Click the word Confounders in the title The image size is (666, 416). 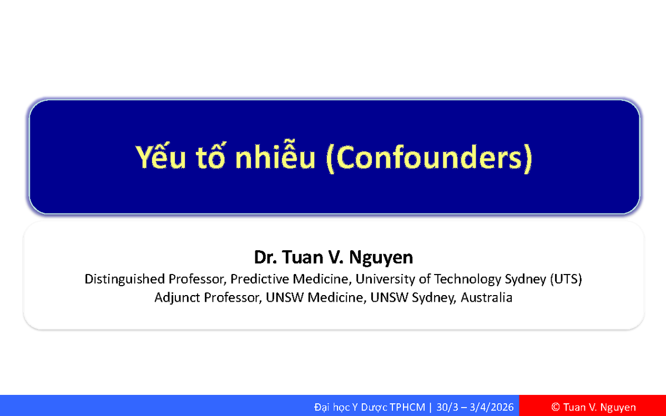click(x=429, y=158)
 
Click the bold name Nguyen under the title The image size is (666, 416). click(x=381, y=257)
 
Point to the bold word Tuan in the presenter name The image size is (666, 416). click(x=302, y=257)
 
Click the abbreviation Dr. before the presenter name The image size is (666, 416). click(x=265, y=257)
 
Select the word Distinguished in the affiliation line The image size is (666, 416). click(x=124, y=280)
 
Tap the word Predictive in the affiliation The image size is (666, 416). click(x=259, y=280)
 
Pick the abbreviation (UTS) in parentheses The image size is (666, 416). click(x=566, y=280)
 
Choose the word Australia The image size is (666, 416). click(x=486, y=297)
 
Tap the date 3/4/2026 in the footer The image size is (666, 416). click(x=492, y=407)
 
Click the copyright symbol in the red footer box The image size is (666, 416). click(x=556, y=407)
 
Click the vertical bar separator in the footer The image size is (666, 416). click(x=431, y=407)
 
